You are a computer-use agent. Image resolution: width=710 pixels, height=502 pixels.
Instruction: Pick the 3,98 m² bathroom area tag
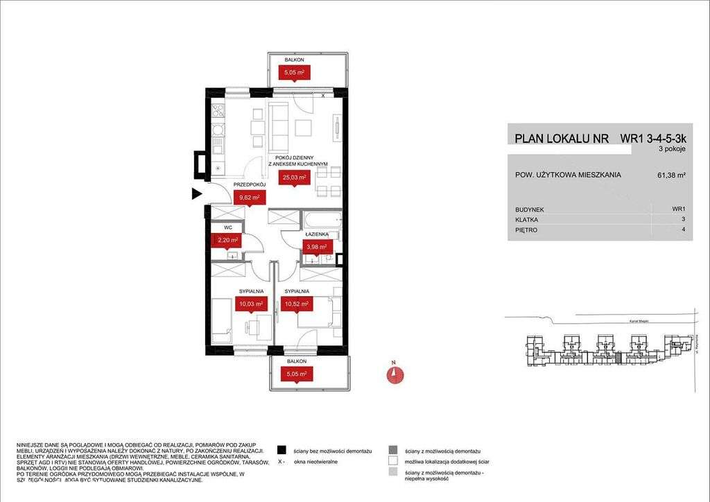tap(319, 247)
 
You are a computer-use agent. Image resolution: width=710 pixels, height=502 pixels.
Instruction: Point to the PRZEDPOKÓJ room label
tap(250, 184)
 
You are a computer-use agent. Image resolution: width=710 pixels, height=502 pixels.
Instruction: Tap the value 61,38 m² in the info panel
tap(671, 176)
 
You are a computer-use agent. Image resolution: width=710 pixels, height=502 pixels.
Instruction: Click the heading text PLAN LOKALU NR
tap(562, 139)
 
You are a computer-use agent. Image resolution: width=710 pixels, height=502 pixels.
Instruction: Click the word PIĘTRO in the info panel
tap(526, 230)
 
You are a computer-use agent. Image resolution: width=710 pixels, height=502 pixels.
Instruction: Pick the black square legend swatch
tap(281, 451)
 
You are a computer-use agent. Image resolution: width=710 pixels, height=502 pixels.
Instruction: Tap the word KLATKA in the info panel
tap(527, 219)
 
